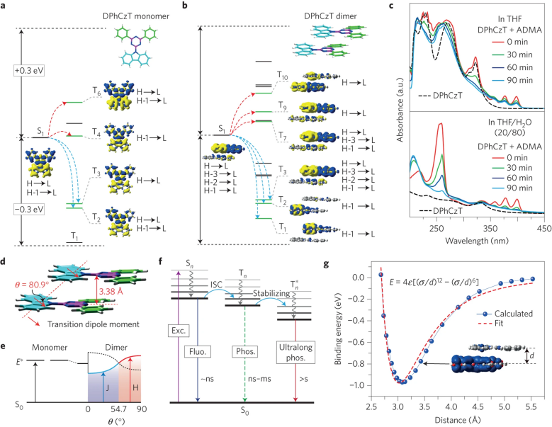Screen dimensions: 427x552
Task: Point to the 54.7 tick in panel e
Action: point(109,410)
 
